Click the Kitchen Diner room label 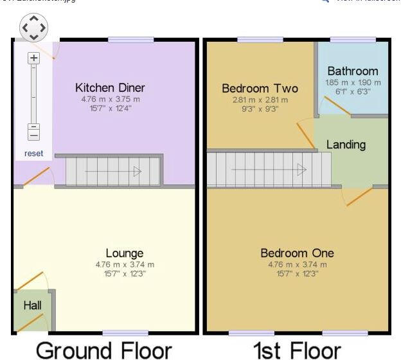coord(110,87)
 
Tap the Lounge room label coord(125,253)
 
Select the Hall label coord(32,305)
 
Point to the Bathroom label coord(352,71)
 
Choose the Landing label coord(346,145)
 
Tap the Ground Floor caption coord(103,350)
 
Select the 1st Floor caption coord(296,350)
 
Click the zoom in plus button coord(33,58)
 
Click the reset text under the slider coord(33,153)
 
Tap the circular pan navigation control coord(33,28)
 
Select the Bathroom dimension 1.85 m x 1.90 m coord(352,82)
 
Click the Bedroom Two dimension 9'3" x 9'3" coord(260,109)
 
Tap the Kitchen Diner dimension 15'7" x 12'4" coord(110,109)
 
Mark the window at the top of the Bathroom coord(352,40)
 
